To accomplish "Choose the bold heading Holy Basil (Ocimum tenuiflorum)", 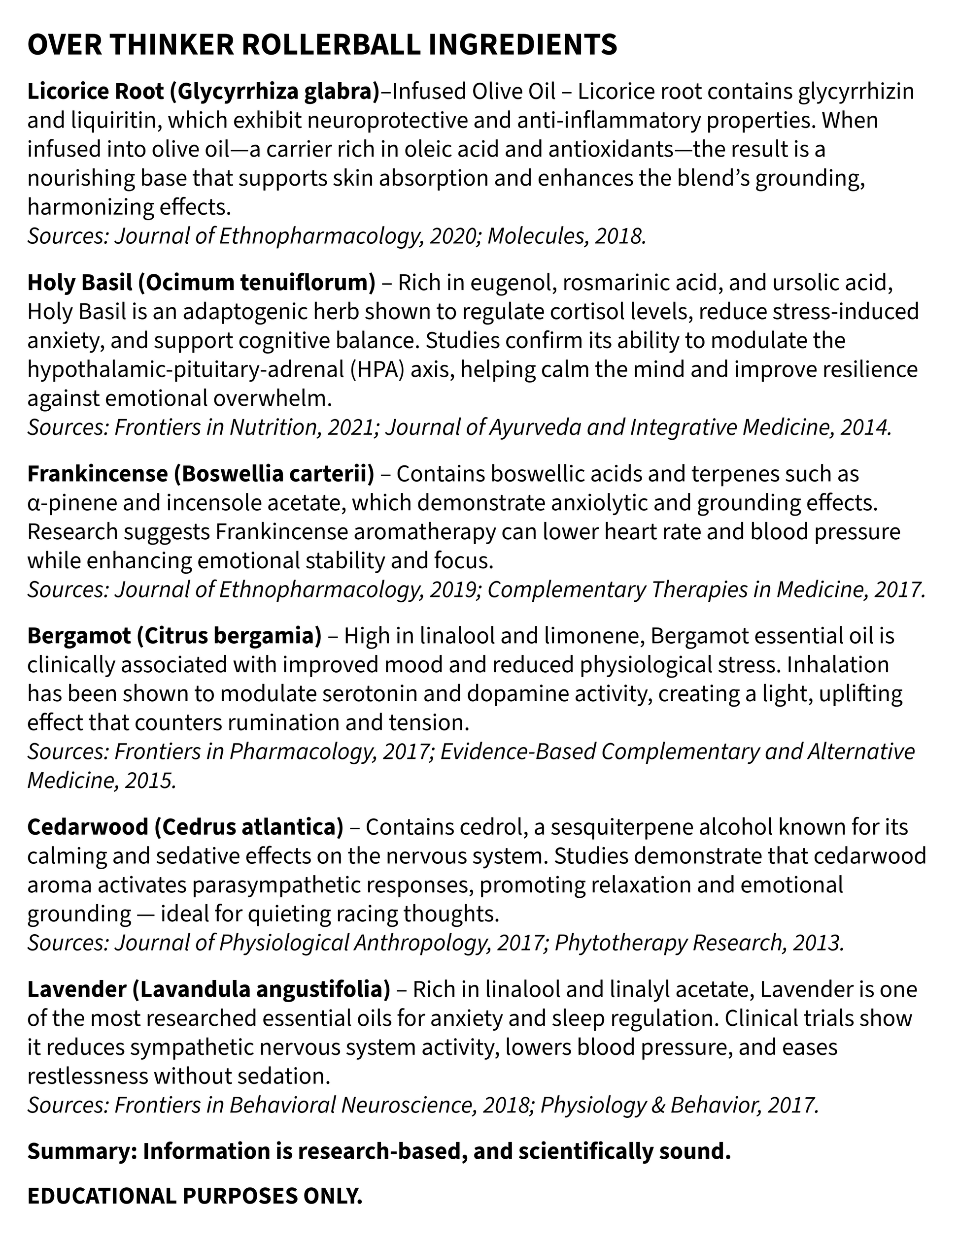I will tap(201, 283).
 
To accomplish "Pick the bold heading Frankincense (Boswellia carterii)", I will tap(201, 474).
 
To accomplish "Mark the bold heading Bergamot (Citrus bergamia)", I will tap(174, 636).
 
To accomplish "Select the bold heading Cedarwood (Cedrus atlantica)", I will tap(185, 827).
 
